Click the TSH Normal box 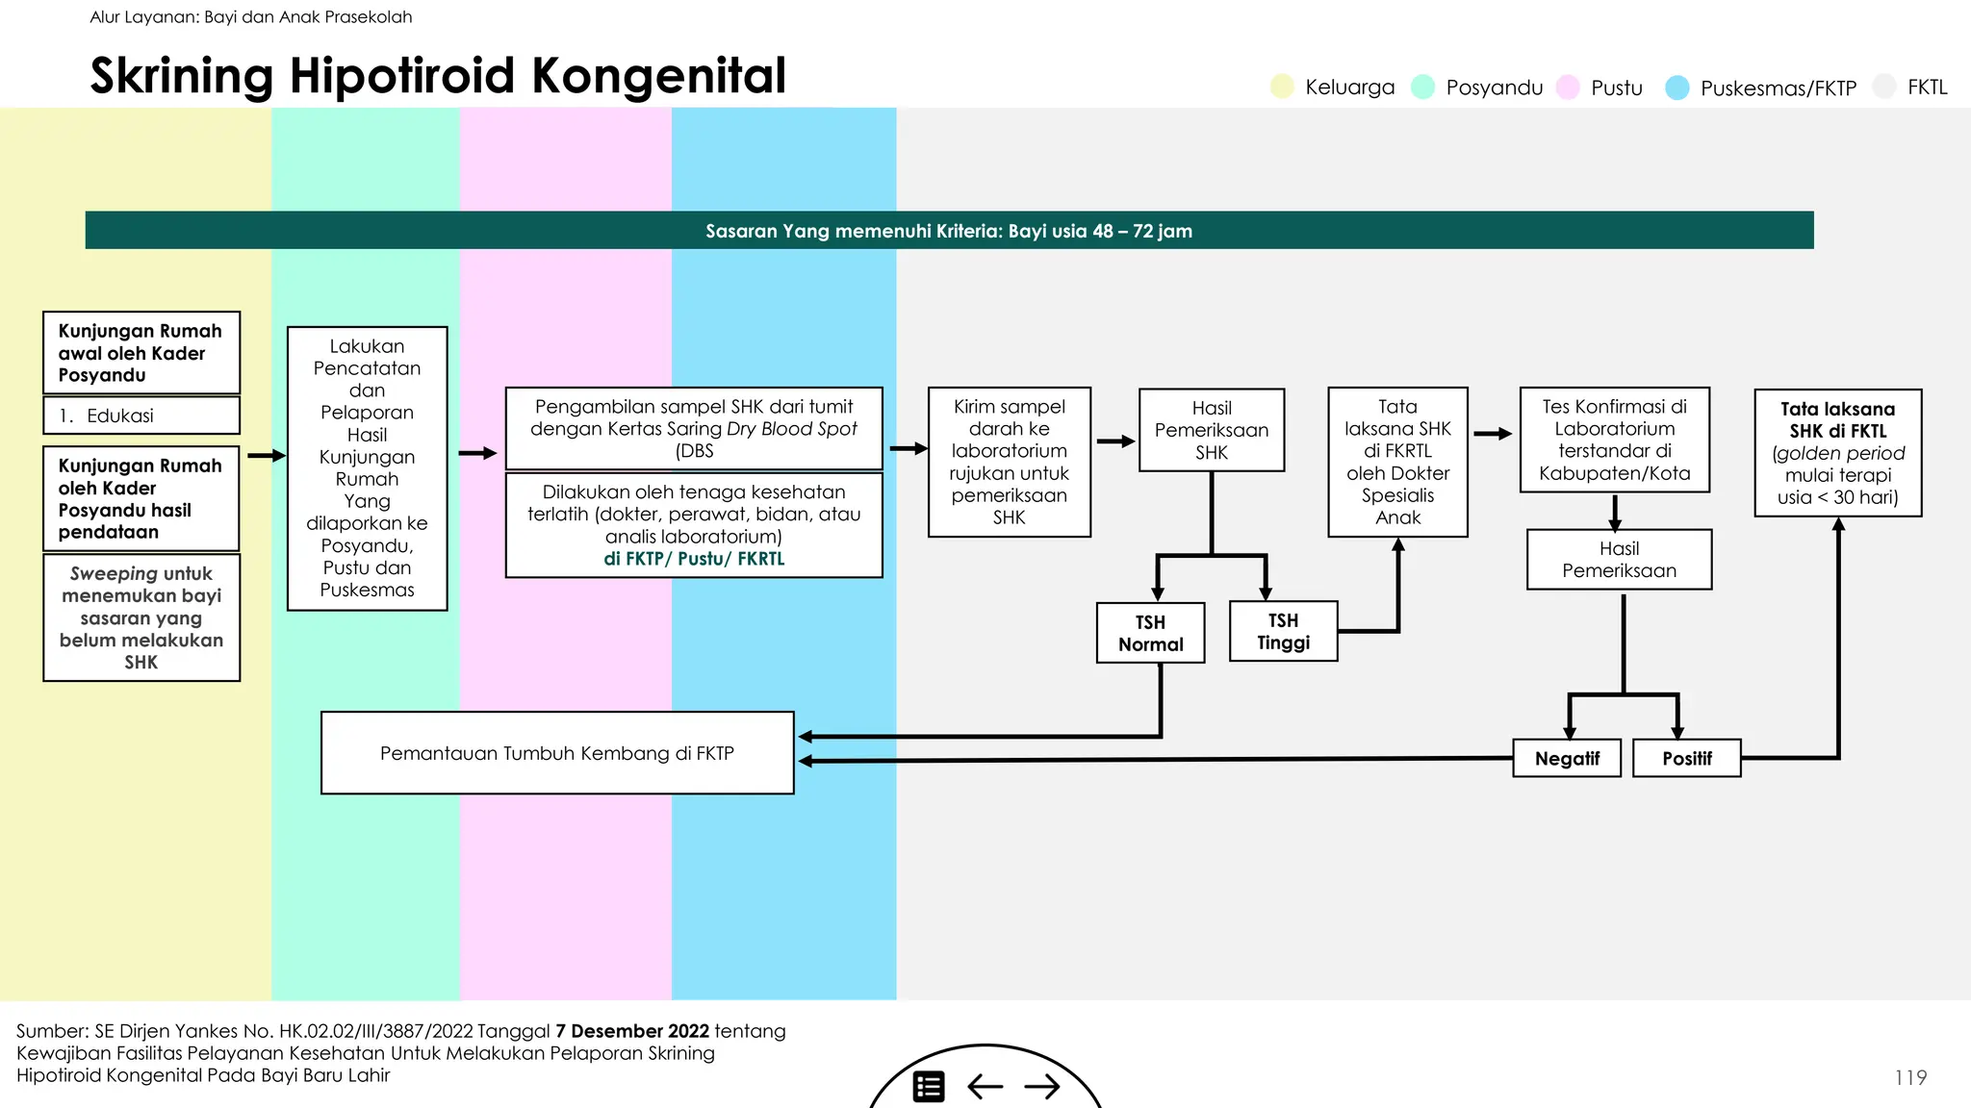tap(1150, 633)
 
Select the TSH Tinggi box tap(1283, 631)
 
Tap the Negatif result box tap(1567, 758)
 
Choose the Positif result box tap(1686, 758)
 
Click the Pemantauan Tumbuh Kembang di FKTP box tap(557, 753)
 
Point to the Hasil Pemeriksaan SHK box tap(1212, 430)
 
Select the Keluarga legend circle tap(1282, 87)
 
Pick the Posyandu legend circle tap(1422, 87)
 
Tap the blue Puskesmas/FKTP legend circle tap(1677, 88)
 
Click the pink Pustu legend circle tap(1568, 87)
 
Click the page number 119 tap(1910, 1077)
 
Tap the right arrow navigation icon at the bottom tap(1042, 1087)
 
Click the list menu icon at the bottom tap(929, 1087)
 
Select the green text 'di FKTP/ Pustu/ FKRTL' tap(694, 559)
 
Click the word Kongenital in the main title tap(659, 76)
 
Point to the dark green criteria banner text tap(948, 231)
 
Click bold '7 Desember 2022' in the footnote tap(632, 1031)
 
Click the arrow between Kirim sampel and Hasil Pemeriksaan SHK tap(1114, 441)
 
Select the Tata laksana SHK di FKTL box tap(1837, 453)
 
